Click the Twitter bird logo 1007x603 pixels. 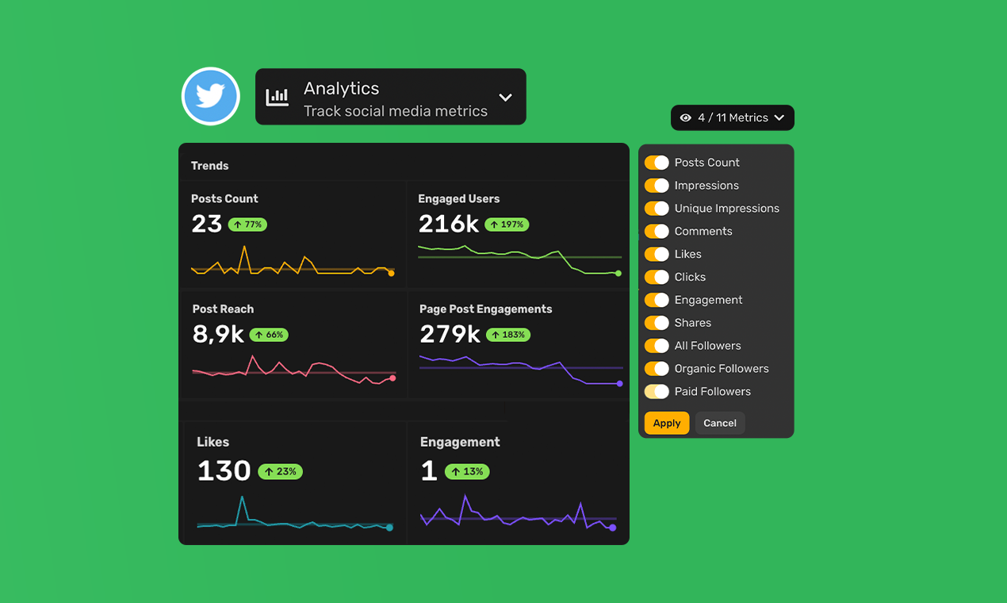point(210,96)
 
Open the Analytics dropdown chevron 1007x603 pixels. point(505,97)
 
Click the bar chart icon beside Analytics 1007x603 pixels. point(277,97)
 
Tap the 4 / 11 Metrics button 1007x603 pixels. point(732,117)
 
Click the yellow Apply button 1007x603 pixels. point(666,423)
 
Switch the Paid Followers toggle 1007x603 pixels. point(657,391)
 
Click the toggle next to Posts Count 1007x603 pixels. point(657,163)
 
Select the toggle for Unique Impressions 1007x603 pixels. point(657,209)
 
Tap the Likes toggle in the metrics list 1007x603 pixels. point(657,254)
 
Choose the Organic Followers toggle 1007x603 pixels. point(657,368)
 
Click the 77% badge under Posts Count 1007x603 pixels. point(247,225)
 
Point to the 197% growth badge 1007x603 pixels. point(507,225)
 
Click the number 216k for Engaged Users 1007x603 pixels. point(448,224)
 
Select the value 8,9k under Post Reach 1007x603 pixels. point(218,334)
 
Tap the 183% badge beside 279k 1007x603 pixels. point(507,335)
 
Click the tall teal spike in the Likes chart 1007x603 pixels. point(242,499)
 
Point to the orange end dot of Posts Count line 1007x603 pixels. point(391,273)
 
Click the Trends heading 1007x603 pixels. point(209,166)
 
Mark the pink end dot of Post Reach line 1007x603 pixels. point(392,378)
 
